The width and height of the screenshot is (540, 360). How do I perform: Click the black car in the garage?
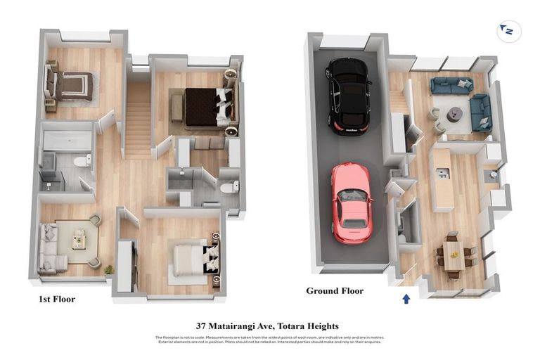[349, 95]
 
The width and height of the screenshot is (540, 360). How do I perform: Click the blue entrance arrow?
[406, 299]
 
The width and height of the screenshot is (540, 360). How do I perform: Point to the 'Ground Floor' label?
[334, 290]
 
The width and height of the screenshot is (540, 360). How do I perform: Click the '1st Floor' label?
[57, 299]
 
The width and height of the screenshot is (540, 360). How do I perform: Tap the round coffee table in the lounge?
[455, 113]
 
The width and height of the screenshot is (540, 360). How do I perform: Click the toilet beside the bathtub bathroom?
[82, 161]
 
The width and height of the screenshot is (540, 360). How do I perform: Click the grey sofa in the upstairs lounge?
[50, 247]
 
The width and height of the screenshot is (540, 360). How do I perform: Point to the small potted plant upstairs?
[108, 269]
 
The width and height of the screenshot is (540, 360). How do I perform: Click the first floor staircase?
[138, 120]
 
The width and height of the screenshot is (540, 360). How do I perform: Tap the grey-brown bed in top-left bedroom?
[72, 86]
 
